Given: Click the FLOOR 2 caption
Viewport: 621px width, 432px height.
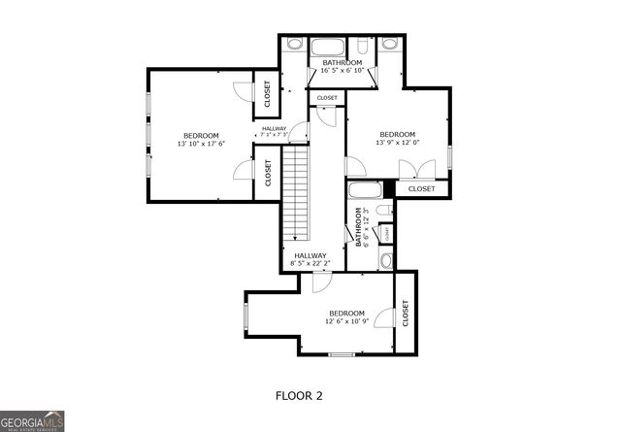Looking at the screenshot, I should (299, 395).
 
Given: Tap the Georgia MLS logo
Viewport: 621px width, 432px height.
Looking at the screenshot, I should (33, 419).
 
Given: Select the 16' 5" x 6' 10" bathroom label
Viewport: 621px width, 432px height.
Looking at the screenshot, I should (343, 70).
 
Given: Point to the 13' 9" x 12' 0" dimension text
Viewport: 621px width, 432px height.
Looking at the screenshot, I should (397, 143).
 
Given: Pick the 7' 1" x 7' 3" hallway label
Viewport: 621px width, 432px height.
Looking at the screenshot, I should (280, 133).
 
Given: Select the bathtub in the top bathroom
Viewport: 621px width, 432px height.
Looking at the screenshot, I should (327, 46).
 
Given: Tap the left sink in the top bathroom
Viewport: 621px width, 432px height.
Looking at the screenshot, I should (295, 44).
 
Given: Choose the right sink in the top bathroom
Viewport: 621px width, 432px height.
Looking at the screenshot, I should (389, 44).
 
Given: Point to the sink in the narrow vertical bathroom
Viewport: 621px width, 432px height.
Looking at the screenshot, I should (385, 259).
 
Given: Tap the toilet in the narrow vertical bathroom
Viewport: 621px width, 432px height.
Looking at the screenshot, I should (383, 212).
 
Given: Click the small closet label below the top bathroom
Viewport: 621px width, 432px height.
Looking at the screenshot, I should (327, 98).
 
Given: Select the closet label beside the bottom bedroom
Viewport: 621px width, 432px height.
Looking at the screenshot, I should (406, 313).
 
